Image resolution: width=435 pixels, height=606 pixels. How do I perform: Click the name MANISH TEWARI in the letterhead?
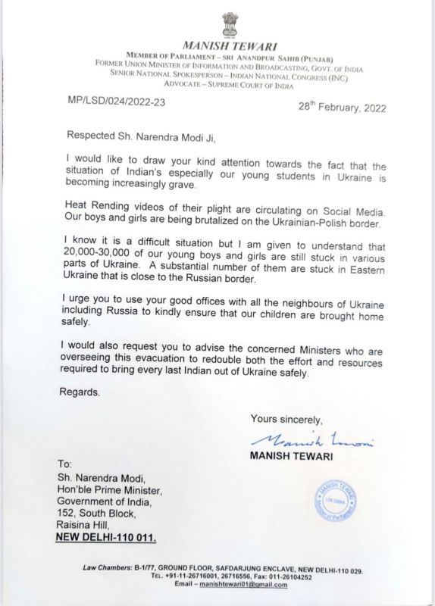[x=217, y=45]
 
